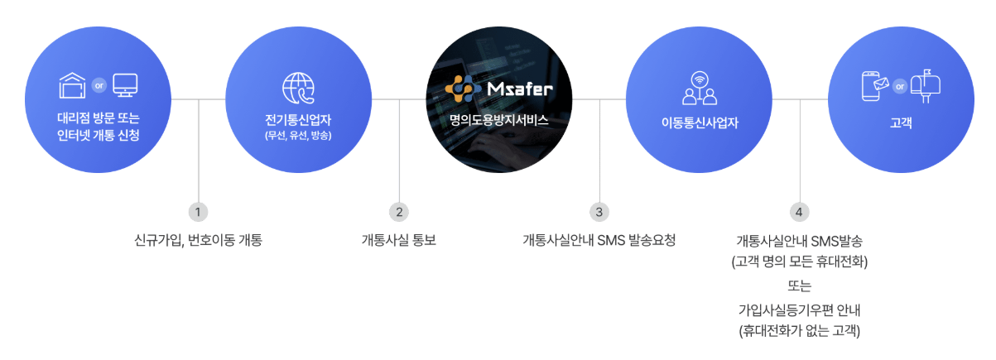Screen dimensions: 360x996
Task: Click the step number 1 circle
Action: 198,212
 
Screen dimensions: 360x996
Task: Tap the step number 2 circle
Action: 399,212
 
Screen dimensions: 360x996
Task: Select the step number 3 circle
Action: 599,212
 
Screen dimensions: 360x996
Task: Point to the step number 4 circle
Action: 799,212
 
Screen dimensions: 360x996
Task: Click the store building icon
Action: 73,84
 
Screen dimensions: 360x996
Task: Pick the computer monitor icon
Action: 125,84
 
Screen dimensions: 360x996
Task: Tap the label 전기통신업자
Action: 298,120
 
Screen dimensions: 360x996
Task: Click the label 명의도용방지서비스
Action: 498,120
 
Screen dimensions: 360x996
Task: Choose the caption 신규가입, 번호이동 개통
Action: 198,241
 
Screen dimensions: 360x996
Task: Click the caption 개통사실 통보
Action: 399,241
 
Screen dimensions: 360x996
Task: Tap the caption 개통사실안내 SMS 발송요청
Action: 599,241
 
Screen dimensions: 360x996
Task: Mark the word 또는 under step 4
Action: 799,286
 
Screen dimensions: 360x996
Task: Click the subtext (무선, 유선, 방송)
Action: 298,136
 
